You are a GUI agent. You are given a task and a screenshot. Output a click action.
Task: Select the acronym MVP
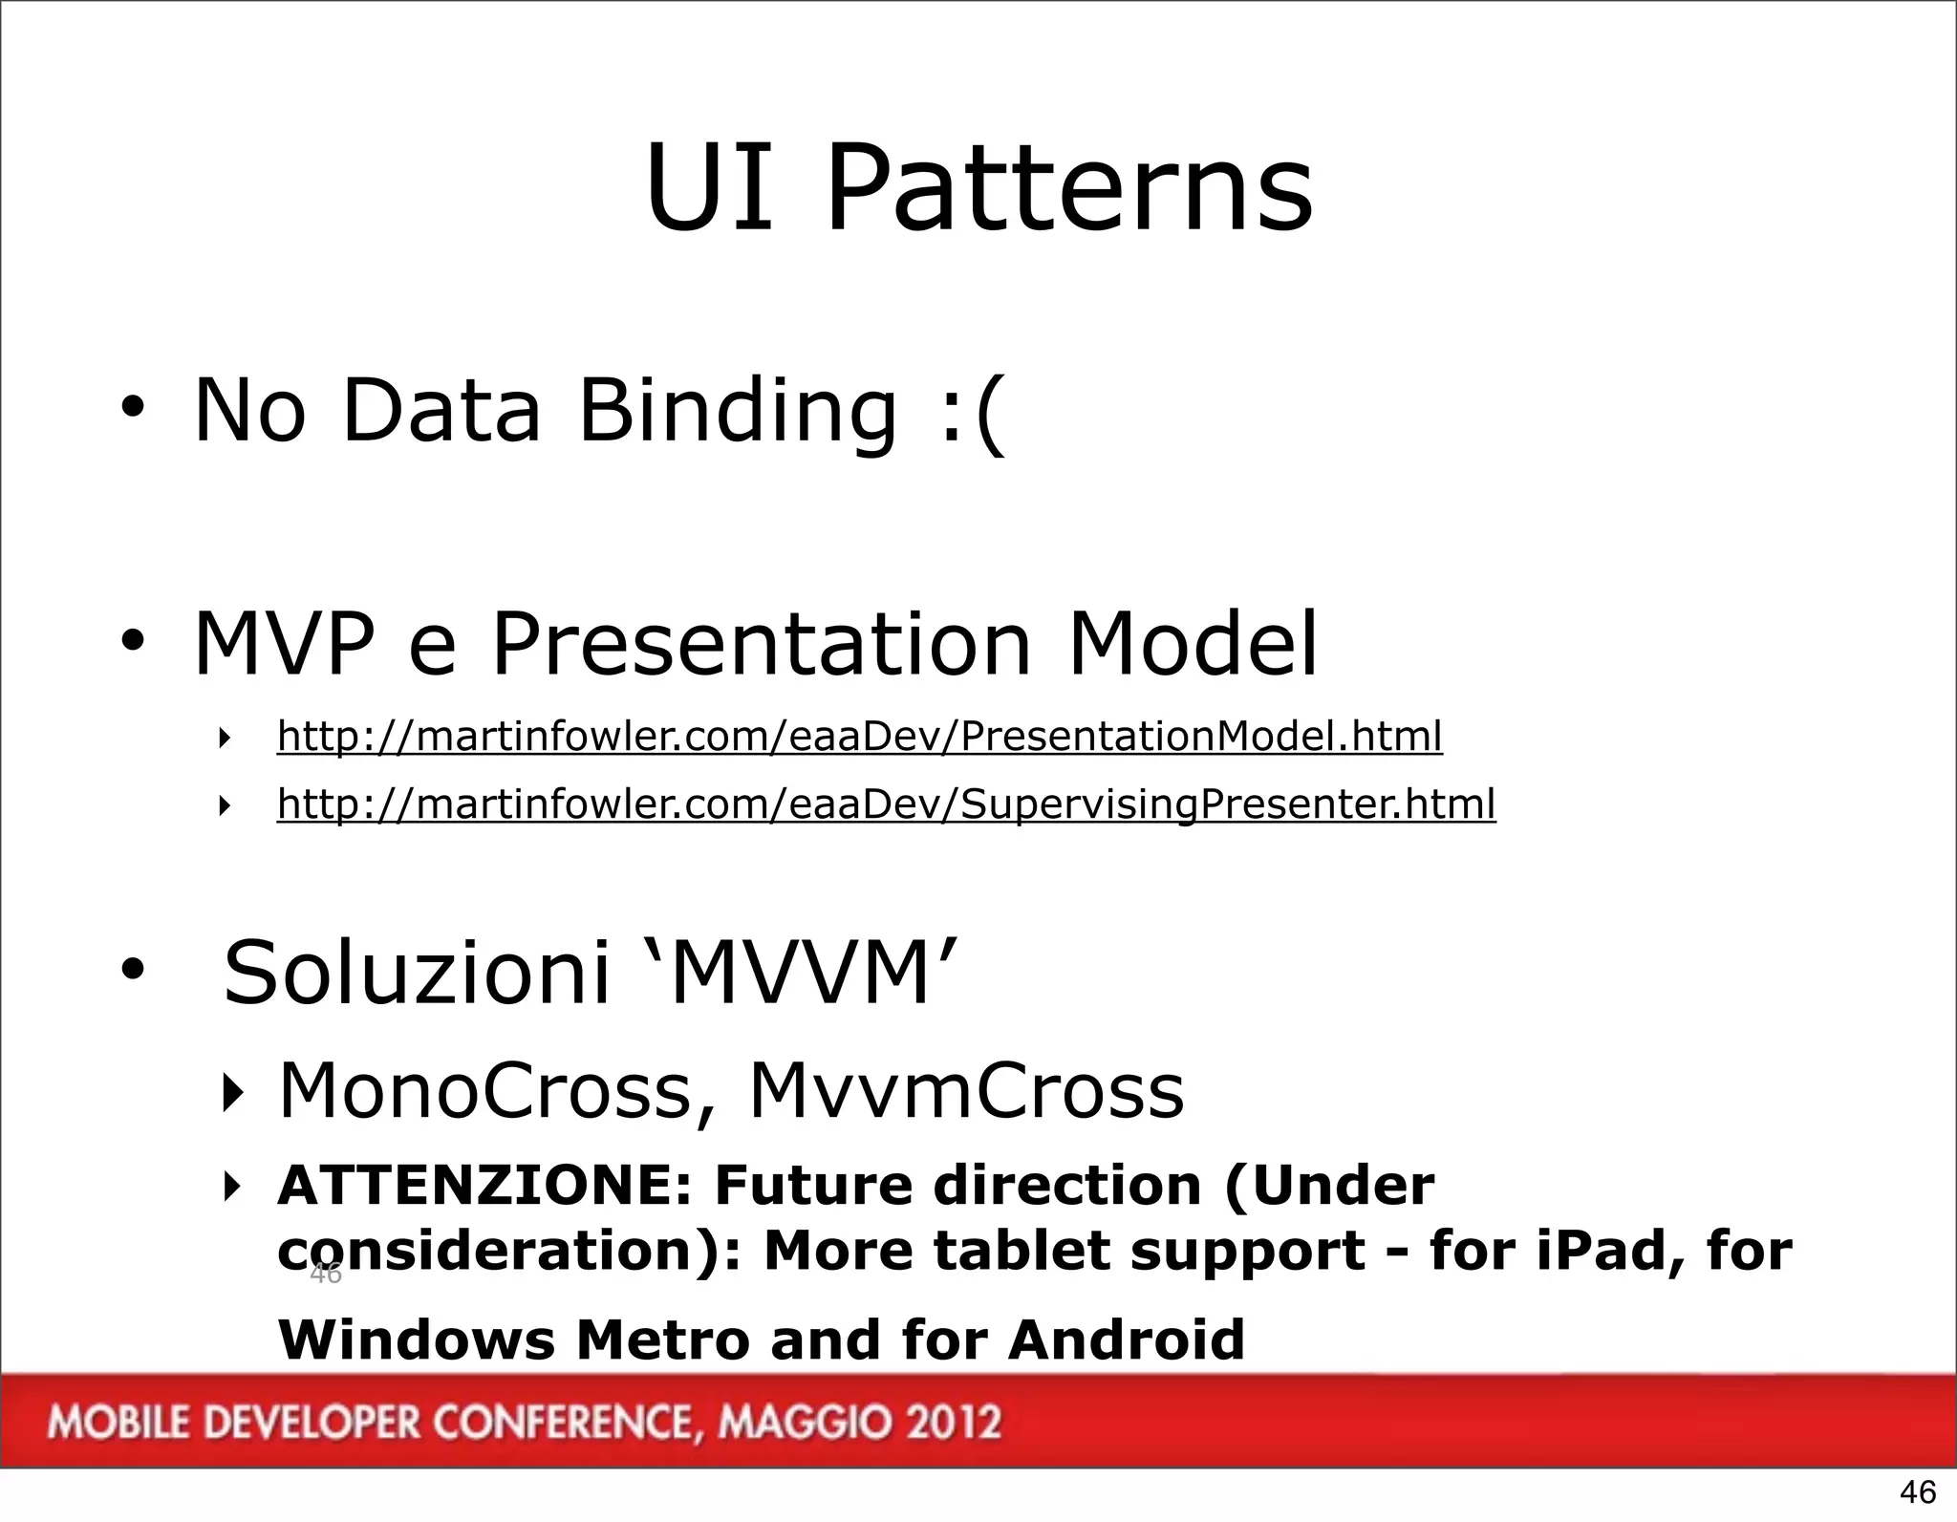(x=284, y=643)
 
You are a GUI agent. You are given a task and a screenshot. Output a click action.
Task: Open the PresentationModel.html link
(x=859, y=737)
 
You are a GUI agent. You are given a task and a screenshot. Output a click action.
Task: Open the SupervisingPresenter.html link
(x=886, y=804)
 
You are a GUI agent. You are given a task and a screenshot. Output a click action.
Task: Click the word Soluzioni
(x=416, y=973)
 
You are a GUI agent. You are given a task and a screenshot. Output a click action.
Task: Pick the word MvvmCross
(x=966, y=1090)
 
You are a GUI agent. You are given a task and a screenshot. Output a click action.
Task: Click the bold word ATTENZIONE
(x=483, y=1186)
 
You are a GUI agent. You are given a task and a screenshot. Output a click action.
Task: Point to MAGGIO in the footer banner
(x=799, y=1423)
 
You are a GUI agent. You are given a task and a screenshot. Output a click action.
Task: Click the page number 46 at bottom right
(x=1917, y=1491)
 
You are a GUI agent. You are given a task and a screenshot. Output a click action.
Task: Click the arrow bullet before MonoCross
(x=229, y=1092)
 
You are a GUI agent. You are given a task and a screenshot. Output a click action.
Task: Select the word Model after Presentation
(x=1192, y=643)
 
